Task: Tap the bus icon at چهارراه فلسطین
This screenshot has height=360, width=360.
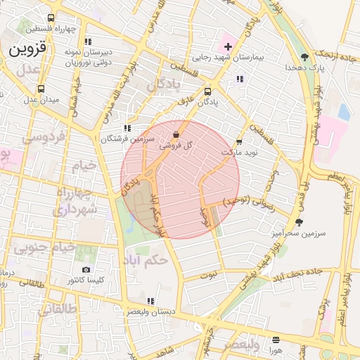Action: (51, 18)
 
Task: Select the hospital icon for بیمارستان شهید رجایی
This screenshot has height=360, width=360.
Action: (227, 46)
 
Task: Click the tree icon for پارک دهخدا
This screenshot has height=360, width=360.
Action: (304, 57)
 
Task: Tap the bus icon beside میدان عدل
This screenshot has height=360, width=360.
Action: (41, 89)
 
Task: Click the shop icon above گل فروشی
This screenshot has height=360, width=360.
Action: (176, 134)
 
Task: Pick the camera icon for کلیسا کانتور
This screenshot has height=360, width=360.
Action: (86, 270)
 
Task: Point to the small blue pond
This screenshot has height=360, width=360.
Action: (344, 112)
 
